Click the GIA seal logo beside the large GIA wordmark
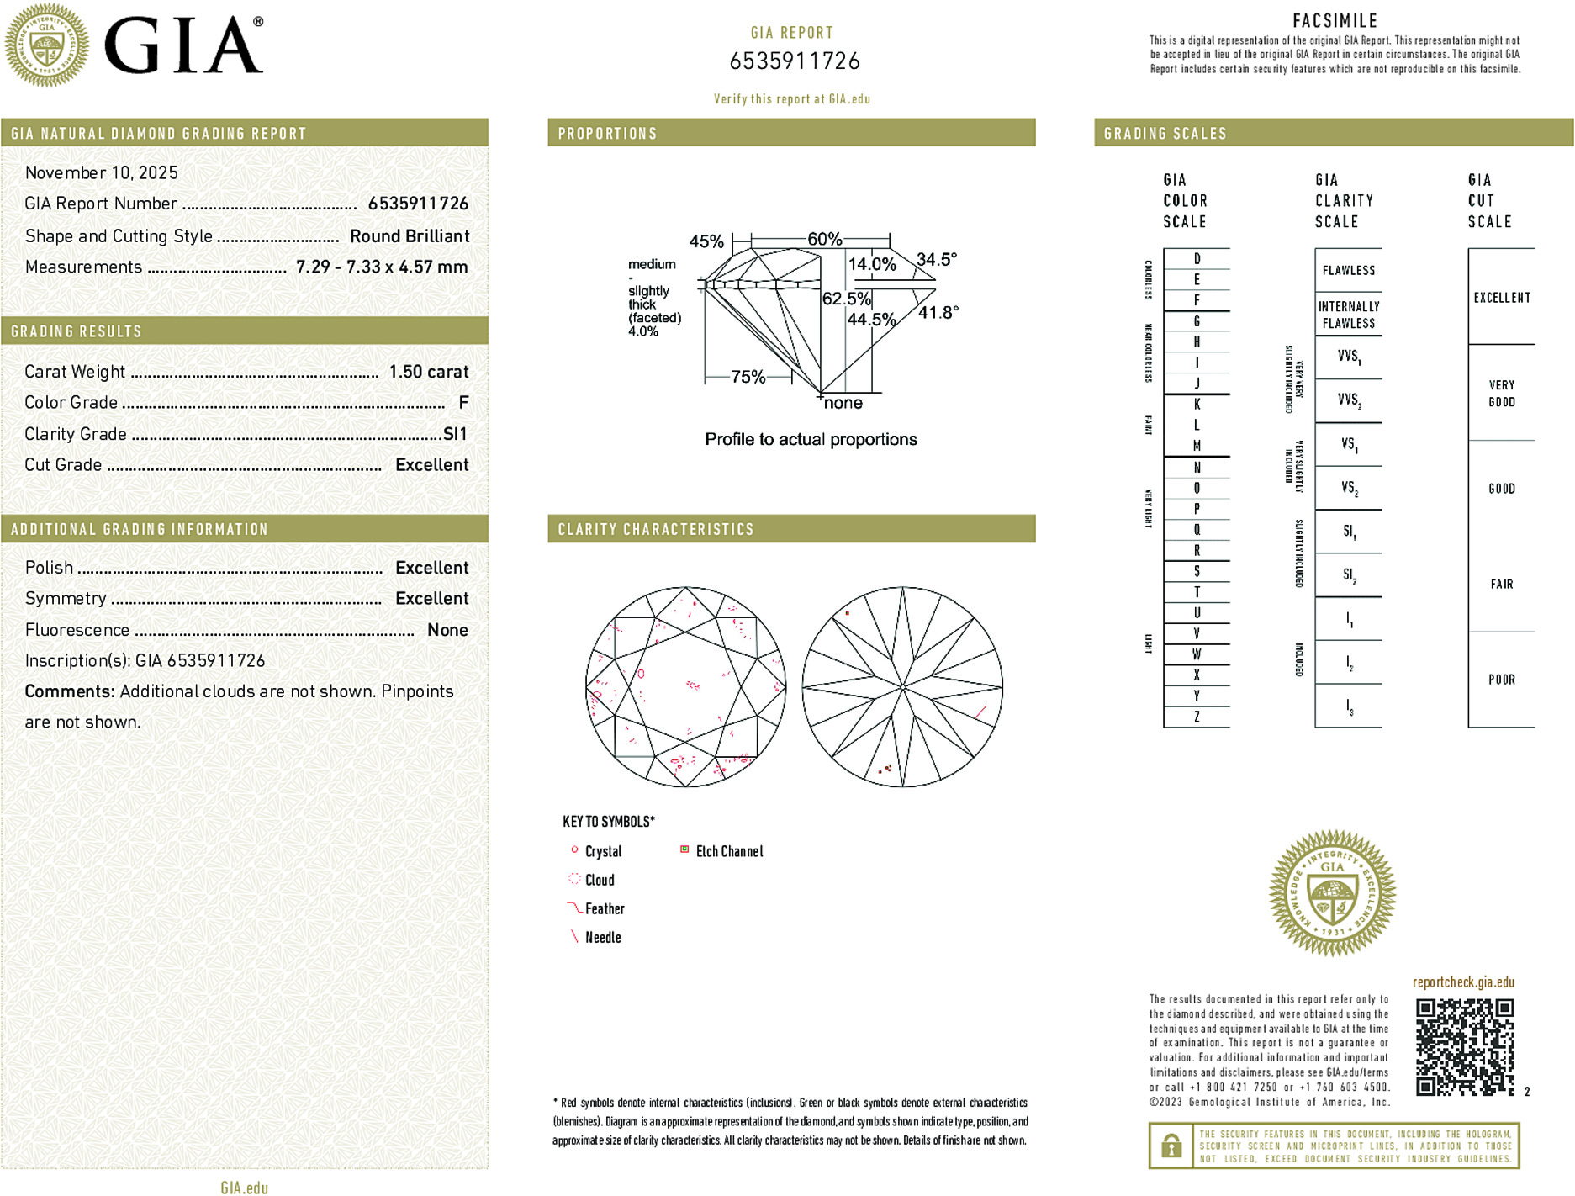coord(46,45)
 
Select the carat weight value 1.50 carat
coord(428,372)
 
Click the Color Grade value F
coord(463,403)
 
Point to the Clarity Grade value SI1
coord(455,434)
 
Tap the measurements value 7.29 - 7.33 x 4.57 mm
coord(382,267)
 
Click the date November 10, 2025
coord(102,173)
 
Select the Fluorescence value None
coord(447,630)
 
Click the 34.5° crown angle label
coord(936,259)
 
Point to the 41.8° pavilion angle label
coord(938,313)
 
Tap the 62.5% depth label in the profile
coord(846,299)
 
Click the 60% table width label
coord(824,239)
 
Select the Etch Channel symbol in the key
coord(684,850)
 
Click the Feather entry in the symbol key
coord(605,909)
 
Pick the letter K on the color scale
coord(1197,405)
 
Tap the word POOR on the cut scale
coord(1501,680)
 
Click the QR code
coord(1464,1047)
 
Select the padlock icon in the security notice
coord(1171,1146)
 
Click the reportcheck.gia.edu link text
coord(1463,982)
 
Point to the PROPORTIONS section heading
coord(607,134)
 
